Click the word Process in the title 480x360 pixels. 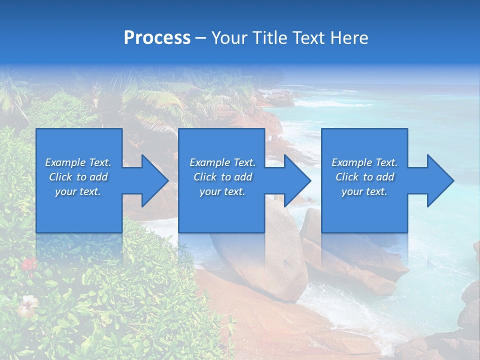click(x=157, y=38)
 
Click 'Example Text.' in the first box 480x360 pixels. click(x=78, y=162)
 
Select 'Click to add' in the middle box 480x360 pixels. click(x=222, y=177)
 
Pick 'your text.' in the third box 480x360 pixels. click(x=364, y=191)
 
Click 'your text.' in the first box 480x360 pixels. click(x=78, y=191)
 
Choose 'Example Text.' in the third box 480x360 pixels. click(x=364, y=162)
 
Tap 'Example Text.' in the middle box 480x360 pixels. click(x=222, y=162)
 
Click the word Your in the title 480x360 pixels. click(x=228, y=38)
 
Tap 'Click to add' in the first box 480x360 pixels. click(x=78, y=177)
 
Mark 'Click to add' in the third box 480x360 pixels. click(x=364, y=177)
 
